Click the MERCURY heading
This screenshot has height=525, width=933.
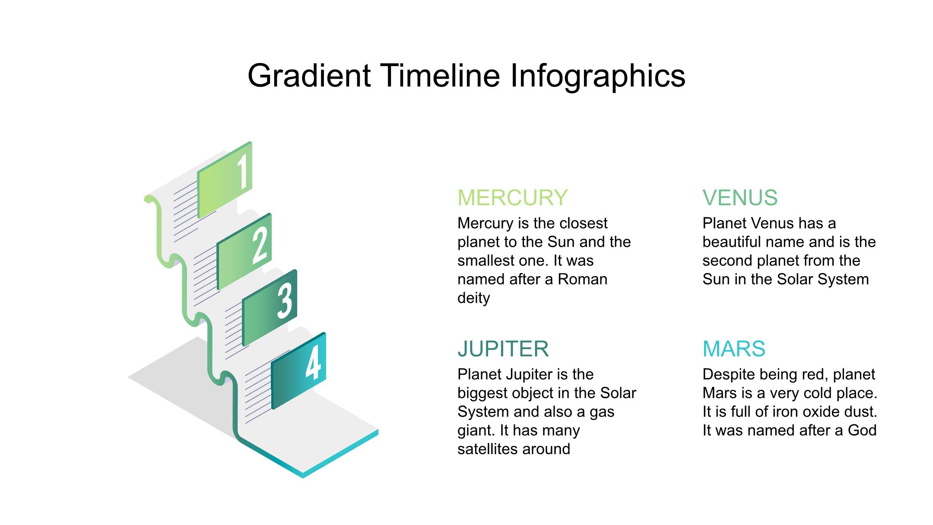[512, 197]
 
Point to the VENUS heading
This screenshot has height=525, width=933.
[740, 197]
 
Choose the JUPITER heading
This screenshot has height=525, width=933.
[503, 349]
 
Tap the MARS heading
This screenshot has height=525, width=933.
[734, 349]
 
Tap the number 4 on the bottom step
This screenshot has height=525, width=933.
[314, 363]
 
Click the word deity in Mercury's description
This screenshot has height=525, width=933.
[474, 298]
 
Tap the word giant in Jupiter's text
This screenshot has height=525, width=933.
[476, 431]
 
